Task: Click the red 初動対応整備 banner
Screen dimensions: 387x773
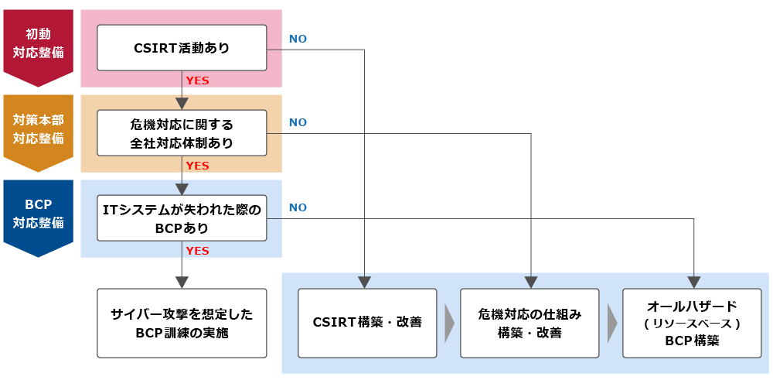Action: point(39,44)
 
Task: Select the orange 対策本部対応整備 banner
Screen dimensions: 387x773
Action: point(39,129)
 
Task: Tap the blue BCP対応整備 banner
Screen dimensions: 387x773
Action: point(39,214)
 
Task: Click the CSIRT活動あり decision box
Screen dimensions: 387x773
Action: point(182,48)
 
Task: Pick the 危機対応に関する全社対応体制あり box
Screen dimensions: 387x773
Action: point(182,133)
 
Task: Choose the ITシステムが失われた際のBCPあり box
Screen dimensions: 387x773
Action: point(182,218)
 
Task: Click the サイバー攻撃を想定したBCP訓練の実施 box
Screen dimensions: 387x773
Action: point(182,323)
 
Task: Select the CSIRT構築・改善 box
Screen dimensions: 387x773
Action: point(367,323)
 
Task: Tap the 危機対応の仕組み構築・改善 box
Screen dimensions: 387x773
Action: point(530,323)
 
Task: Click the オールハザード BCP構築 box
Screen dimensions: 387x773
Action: point(692,323)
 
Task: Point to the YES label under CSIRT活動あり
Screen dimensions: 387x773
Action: point(198,80)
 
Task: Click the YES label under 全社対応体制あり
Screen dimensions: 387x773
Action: point(198,166)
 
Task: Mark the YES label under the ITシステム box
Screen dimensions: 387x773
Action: point(198,251)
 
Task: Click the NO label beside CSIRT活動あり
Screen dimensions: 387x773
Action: point(298,38)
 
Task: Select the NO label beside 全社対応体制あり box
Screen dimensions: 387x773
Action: point(298,122)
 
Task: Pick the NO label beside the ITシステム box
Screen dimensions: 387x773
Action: point(298,207)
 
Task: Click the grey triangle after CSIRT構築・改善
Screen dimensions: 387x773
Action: point(449,323)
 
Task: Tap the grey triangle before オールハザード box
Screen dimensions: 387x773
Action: point(611,323)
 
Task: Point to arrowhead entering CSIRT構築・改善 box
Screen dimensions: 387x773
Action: point(364,282)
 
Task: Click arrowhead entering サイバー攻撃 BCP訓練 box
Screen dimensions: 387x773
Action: point(182,282)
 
